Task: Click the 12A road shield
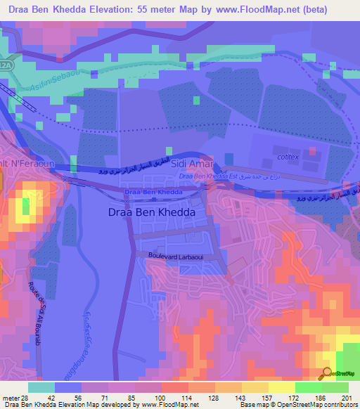[x=6, y=65]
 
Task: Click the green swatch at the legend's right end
[x=335, y=387]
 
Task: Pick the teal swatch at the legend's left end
[x=41, y=387]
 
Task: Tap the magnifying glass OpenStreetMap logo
[x=325, y=373]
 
